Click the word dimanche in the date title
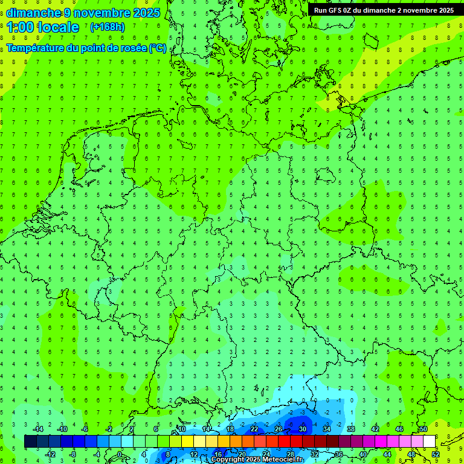pos(34,13)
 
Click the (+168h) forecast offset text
pos(107,27)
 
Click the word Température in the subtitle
pos(36,48)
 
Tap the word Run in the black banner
pos(321,10)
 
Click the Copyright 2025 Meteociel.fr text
pos(257,460)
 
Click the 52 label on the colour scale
pos(436,454)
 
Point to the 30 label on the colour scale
pos(302,429)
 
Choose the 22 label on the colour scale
pos(254,429)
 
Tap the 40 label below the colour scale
pos(362,454)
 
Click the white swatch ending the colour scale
pos(429,442)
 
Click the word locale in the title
pos(59,27)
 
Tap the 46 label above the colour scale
pos(399,429)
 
